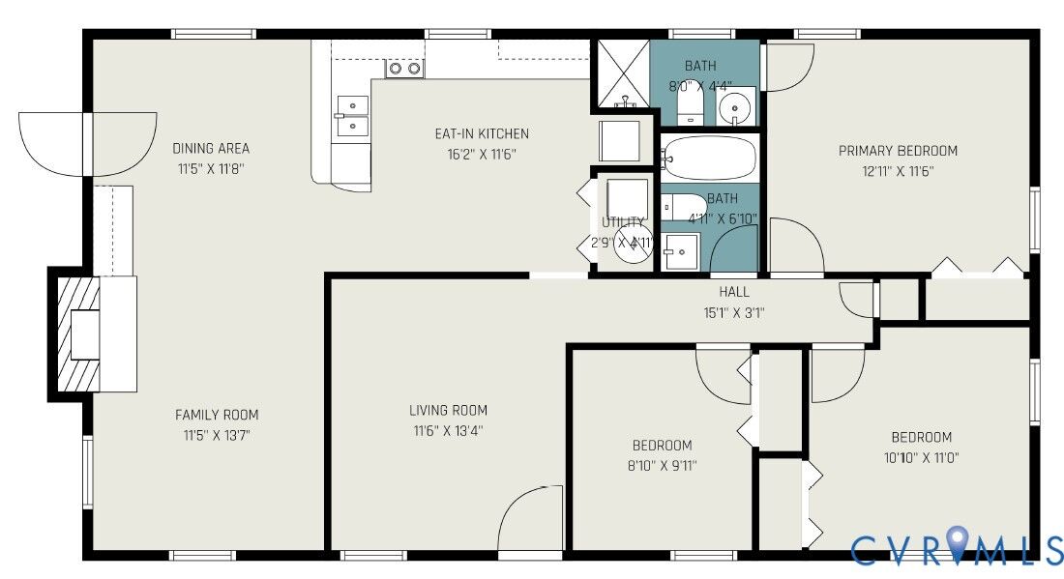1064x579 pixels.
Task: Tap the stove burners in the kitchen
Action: [404, 68]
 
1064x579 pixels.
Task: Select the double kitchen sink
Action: [351, 115]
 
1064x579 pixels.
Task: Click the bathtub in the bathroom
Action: [709, 159]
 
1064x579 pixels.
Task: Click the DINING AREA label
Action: [211, 148]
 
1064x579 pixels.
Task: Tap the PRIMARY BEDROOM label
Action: [898, 151]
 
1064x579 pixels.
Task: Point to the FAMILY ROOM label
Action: [217, 415]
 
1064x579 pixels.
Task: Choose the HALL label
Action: [734, 292]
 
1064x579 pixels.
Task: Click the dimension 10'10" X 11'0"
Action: [921, 457]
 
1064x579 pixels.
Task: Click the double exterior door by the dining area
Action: [87, 144]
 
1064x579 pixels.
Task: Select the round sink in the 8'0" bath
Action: [739, 104]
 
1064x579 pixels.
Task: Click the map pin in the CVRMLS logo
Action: [957, 544]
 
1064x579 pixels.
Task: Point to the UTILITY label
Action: [622, 222]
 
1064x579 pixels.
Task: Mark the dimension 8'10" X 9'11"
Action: [662, 466]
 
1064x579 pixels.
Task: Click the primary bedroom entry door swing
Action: [795, 247]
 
